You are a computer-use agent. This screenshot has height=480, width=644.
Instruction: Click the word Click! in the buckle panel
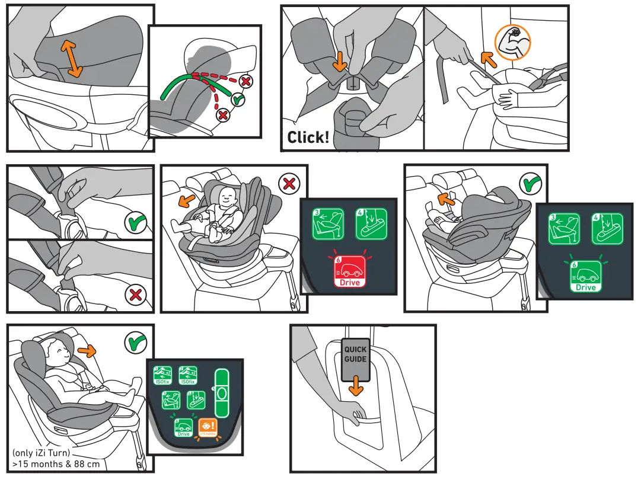click(x=308, y=137)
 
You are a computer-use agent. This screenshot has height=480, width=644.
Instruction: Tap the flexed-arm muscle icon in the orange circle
click(x=513, y=43)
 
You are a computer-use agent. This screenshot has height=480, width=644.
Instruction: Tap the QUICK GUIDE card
click(x=356, y=354)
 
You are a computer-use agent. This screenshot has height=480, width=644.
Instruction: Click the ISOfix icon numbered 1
click(x=163, y=376)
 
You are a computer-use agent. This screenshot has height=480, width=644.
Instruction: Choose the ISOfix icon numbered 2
click(x=188, y=376)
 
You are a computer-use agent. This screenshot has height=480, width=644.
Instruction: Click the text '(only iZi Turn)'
click(x=44, y=454)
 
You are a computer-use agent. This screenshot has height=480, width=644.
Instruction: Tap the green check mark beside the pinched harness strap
click(x=136, y=224)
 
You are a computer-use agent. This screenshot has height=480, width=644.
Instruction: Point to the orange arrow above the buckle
click(x=339, y=61)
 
